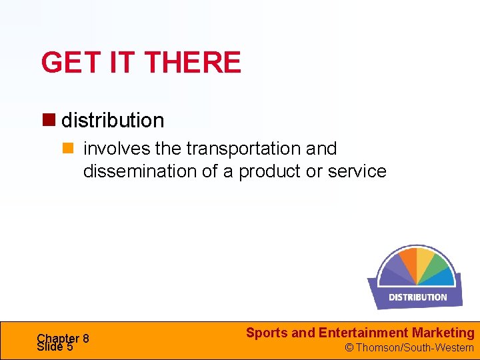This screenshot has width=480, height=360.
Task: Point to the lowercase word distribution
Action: click(x=113, y=121)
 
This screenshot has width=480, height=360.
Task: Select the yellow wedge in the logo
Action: click(x=425, y=260)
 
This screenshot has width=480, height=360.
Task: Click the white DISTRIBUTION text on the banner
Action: click(x=417, y=297)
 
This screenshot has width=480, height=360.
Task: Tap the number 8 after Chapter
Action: click(x=85, y=338)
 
